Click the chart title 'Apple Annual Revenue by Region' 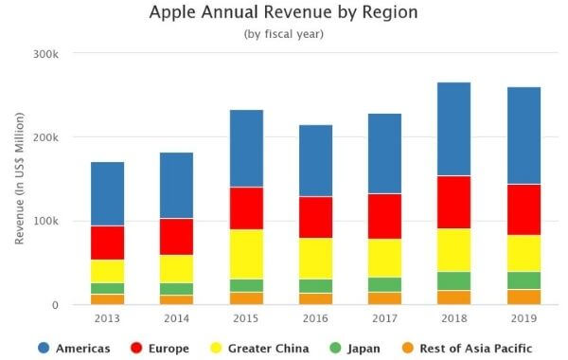[x=284, y=13]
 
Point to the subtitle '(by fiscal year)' [x=284, y=34]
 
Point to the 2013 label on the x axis [x=107, y=319]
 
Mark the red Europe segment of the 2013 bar [x=107, y=243]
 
